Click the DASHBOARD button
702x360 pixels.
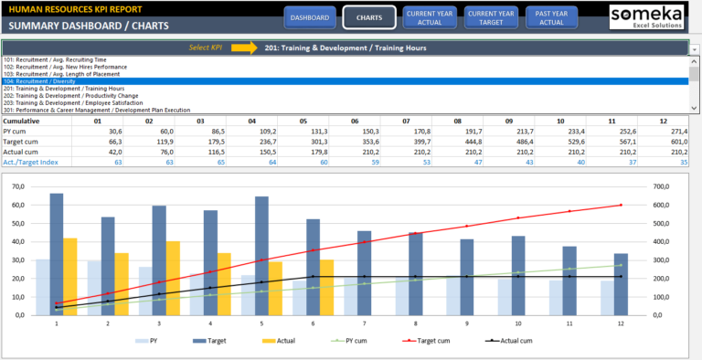[x=310, y=17]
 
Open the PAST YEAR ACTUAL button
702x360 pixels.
[x=551, y=17]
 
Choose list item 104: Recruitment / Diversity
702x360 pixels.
[x=55, y=81]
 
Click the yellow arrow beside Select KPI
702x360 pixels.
[x=243, y=47]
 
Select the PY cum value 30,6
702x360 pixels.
[x=111, y=132]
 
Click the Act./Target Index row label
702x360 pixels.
[x=30, y=162]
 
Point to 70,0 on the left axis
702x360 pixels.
[x=14, y=187]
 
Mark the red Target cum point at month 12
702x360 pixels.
[x=622, y=205]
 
